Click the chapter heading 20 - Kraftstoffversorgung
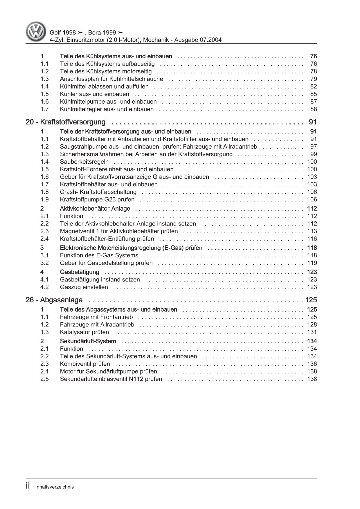pos(66,122)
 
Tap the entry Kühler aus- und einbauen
pos(94,94)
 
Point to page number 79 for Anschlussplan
pos(313,79)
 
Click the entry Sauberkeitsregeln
pos(84,162)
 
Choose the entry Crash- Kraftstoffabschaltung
pos(98,192)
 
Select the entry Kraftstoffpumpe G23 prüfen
pos(97,199)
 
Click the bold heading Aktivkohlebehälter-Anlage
pos(95,209)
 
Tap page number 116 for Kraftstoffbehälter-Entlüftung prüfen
pos(312,239)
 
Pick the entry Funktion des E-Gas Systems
pos(99,255)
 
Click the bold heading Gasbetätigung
pos(80,272)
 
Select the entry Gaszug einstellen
pos(84,287)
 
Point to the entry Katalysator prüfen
pos(84,332)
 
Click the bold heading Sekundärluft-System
pos(88,341)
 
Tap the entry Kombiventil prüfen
pos(85,364)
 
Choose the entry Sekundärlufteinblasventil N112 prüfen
pos(111,379)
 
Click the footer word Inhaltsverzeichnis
pos(55,487)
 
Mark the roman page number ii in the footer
pos(28,486)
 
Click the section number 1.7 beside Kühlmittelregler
pos(44,109)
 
